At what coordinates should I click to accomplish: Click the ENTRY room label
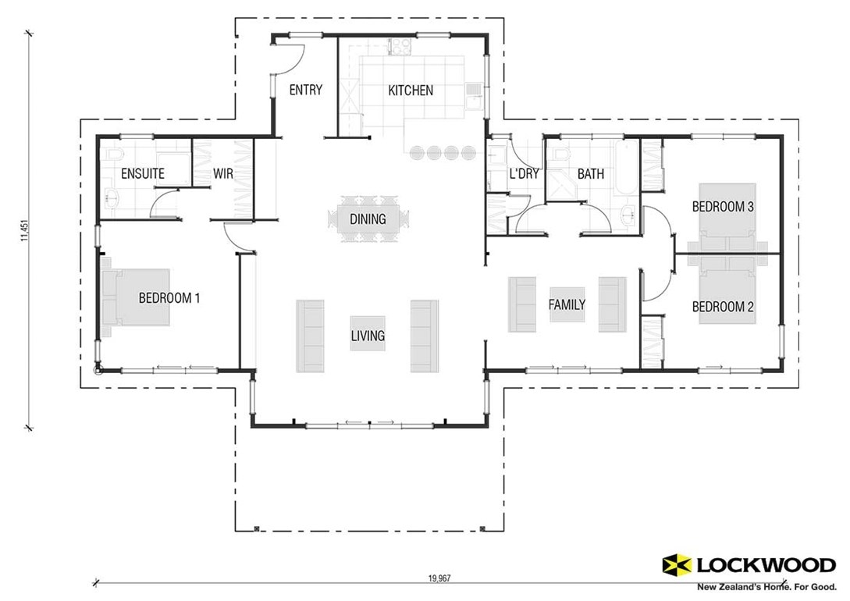(306, 90)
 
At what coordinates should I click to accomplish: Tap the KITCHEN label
(411, 91)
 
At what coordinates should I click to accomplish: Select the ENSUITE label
(143, 174)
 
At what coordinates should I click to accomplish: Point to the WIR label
(222, 174)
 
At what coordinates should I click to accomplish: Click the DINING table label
(368, 219)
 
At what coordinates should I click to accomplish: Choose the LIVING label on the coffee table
(368, 336)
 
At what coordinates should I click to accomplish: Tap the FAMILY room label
(567, 304)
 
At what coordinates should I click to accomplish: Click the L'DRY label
(525, 174)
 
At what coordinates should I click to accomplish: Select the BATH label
(590, 174)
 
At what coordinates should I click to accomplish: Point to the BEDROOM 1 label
(169, 298)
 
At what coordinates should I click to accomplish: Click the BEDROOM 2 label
(723, 308)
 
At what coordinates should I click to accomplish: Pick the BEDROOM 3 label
(723, 207)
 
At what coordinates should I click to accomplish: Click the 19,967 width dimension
(439, 578)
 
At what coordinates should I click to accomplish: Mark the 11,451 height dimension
(24, 230)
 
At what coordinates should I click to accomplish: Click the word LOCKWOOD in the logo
(766, 566)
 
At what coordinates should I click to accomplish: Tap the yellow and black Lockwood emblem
(677, 565)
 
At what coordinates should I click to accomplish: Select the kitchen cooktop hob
(400, 47)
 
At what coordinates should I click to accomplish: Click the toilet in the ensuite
(112, 155)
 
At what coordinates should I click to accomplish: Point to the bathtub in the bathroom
(627, 168)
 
